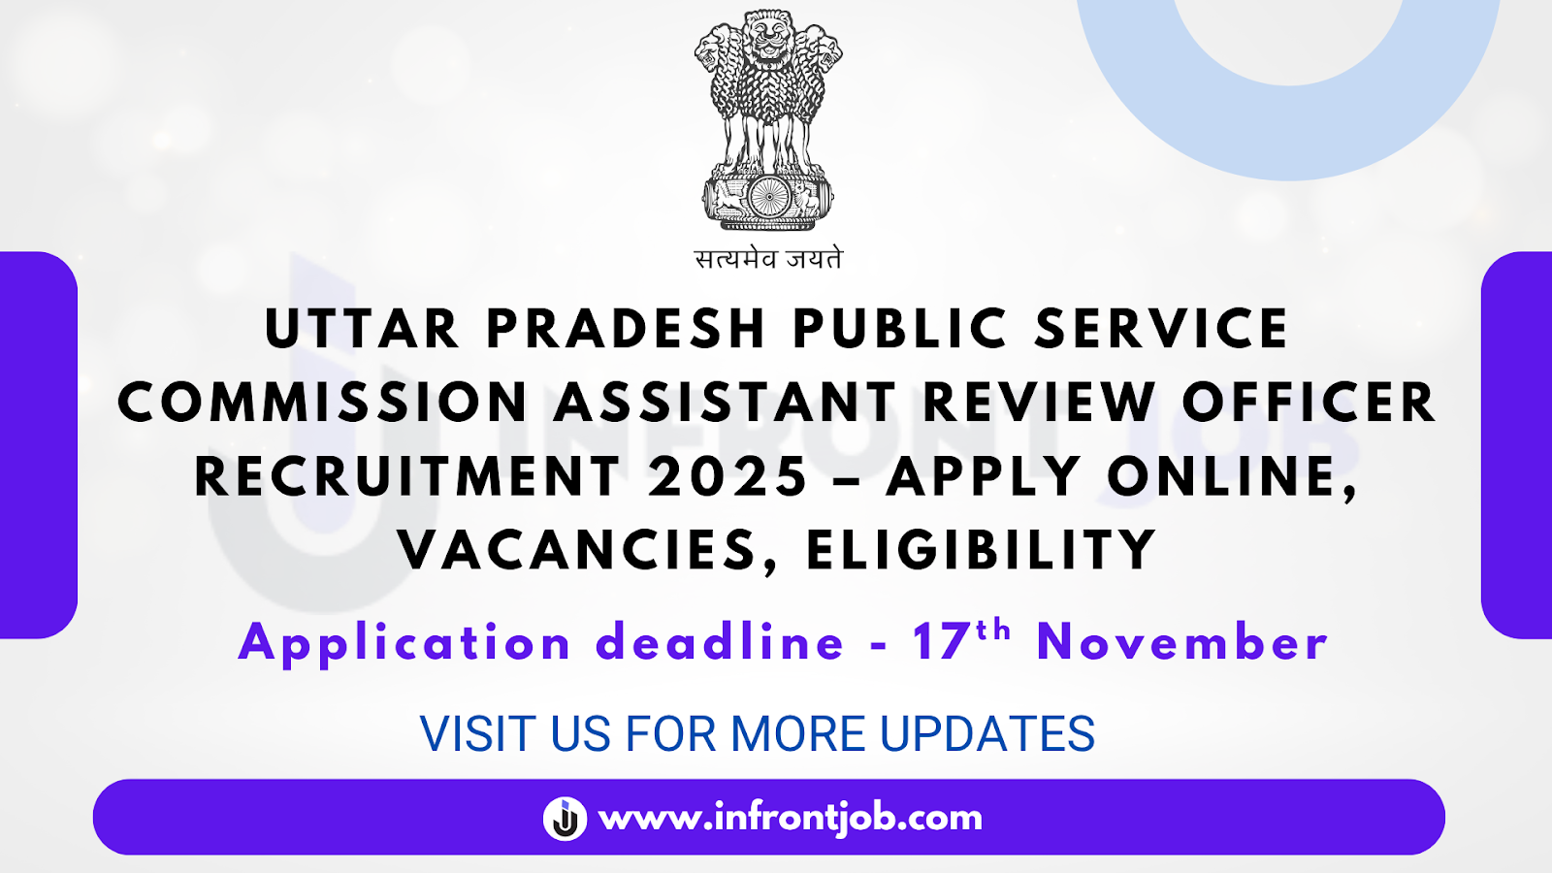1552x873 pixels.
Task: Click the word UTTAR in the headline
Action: point(361,329)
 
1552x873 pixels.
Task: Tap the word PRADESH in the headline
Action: point(626,329)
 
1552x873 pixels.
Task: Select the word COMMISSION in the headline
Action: point(323,403)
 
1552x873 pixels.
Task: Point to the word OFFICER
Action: point(1309,403)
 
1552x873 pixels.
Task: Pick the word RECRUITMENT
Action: point(407,476)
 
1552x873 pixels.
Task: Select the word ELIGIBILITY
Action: point(981,550)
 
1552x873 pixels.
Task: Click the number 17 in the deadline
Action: point(940,643)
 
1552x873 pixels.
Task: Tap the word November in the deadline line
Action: point(1181,643)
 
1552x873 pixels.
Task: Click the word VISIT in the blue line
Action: point(479,734)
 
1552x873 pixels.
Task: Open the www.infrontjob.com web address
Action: point(791,818)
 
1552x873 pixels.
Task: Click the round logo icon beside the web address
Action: point(565,819)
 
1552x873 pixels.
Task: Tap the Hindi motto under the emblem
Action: point(768,259)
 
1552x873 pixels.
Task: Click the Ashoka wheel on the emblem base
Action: point(768,198)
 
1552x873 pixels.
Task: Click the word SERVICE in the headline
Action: point(1160,329)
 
